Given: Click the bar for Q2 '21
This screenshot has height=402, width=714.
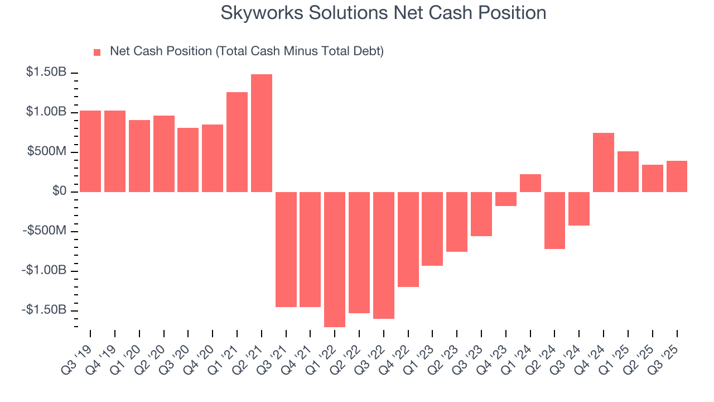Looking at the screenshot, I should point(262,133).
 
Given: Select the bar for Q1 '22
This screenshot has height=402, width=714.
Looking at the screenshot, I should point(335,259).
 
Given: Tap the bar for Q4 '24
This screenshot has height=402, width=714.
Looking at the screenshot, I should point(604,162).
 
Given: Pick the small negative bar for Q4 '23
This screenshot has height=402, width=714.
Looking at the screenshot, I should point(506,199).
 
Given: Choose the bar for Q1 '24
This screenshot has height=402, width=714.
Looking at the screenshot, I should point(530,183).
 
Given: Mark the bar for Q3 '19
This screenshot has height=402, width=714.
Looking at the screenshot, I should point(90,151).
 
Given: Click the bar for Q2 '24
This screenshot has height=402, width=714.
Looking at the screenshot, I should point(554,220).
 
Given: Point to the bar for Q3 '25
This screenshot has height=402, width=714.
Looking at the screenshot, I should point(677,176).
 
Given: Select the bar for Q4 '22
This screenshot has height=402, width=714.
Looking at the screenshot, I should point(408,239).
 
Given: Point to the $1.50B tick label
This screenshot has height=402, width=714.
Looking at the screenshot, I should point(46,73).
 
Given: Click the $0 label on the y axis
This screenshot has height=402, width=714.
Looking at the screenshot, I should point(59,192).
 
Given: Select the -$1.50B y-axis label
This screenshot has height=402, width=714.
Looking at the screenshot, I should point(45,310).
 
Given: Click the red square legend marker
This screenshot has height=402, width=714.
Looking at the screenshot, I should point(97,52).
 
